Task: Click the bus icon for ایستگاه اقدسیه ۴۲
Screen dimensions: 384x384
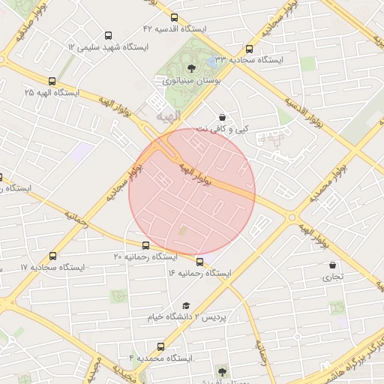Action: tap(175, 17)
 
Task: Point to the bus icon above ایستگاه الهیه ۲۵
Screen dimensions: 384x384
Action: tap(52, 81)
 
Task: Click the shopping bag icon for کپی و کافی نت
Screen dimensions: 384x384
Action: tap(222, 117)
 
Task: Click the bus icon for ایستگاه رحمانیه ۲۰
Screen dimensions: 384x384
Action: tap(145, 245)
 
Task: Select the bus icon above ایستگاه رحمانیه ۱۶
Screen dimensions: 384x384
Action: tap(199, 262)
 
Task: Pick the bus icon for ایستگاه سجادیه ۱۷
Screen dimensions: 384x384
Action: tap(53, 256)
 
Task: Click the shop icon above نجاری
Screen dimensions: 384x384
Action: tap(332, 265)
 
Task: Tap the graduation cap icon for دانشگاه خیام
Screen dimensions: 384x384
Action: tap(186, 306)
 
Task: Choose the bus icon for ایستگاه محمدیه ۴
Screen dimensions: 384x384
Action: tap(161, 347)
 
